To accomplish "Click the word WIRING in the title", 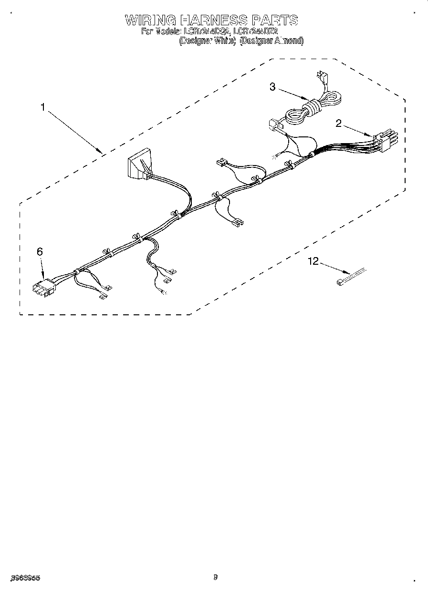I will (150, 20).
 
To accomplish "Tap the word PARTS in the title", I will (274, 20).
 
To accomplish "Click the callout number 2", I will (339, 124).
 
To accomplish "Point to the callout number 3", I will (272, 86).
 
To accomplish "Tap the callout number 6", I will (40, 251).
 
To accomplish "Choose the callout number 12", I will (313, 261).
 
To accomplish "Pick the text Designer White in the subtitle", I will (208, 41).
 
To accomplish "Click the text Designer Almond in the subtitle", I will (271, 41).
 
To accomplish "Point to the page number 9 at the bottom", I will (215, 577).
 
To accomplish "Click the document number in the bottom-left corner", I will (24, 577).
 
